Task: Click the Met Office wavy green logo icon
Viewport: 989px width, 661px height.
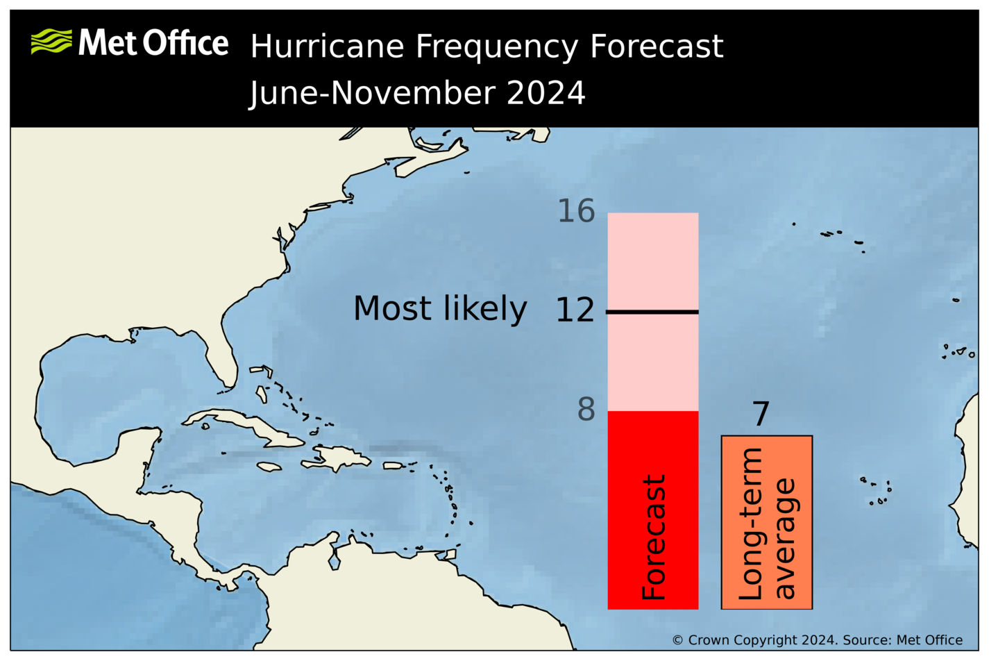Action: point(51,42)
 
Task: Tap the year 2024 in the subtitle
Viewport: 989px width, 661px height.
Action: point(546,93)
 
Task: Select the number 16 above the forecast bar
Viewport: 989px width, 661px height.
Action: point(576,211)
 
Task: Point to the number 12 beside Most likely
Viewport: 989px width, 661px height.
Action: point(575,310)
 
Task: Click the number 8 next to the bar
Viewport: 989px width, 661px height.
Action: point(586,410)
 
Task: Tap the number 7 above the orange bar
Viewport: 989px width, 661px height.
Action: point(761,415)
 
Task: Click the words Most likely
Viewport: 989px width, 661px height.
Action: point(440,309)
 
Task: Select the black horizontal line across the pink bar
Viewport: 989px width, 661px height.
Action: point(652,312)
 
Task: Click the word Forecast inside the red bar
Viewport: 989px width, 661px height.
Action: point(653,537)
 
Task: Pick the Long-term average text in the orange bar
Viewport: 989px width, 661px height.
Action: point(766,524)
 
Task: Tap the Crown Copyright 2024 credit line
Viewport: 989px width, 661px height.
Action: point(817,640)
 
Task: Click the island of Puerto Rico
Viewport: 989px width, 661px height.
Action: point(394,465)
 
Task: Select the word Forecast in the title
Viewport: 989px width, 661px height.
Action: point(656,47)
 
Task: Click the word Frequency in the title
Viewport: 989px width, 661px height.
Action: point(496,47)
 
